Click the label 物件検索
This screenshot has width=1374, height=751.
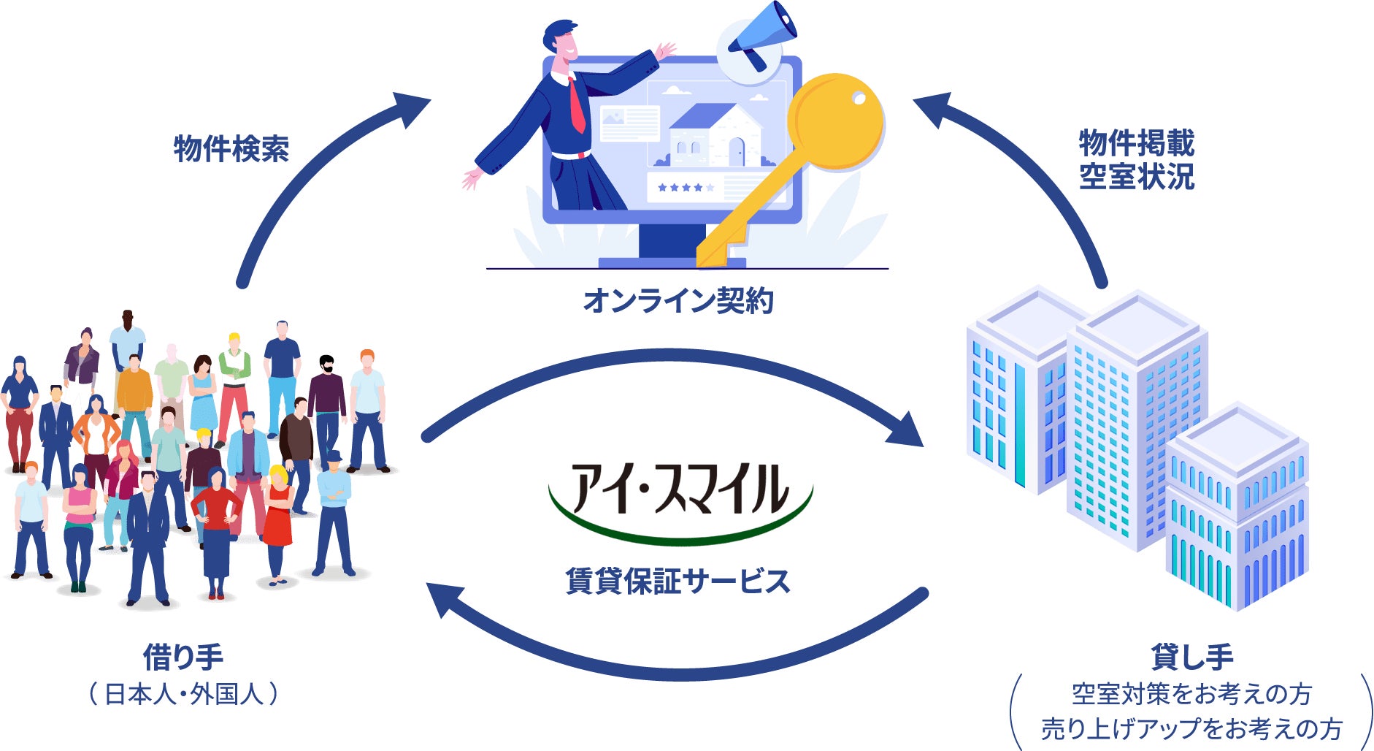pyautogui.click(x=231, y=149)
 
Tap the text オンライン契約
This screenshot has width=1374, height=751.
pyautogui.click(x=678, y=301)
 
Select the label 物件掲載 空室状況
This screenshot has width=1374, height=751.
pyautogui.click(x=1137, y=159)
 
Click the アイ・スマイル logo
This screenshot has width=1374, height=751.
pyautogui.click(x=680, y=497)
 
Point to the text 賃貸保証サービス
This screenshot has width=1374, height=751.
pyautogui.click(x=678, y=582)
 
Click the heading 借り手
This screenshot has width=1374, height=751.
pyautogui.click(x=183, y=657)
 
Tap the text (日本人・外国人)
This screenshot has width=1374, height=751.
pyautogui.click(x=183, y=694)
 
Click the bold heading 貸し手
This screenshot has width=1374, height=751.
pyautogui.click(x=1191, y=657)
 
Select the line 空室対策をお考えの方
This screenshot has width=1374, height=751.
pyautogui.click(x=1191, y=694)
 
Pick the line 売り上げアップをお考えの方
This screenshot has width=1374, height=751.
pyautogui.click(x=1191, y=728)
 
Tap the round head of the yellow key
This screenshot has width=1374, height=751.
pyautogui.click(x=837, y=121)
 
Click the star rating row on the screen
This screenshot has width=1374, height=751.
pyautogui.click(x=685, y=188)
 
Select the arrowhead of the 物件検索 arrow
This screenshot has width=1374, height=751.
pyautogui.click(x=408, y=108)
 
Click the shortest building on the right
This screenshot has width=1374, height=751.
pyautogui.click(x=1237, y=511)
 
